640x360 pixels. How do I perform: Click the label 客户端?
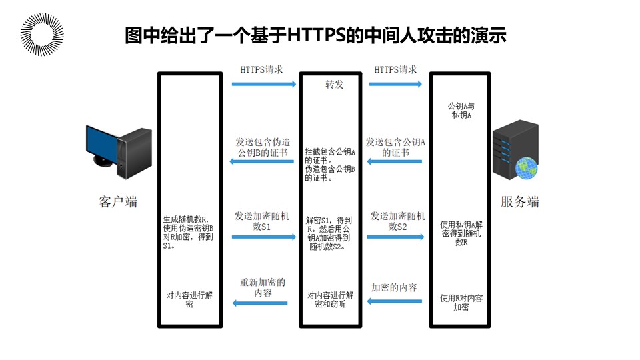tap(118, 201)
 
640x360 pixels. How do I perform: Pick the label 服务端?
tap(520, 201)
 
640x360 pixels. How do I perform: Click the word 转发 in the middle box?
tap(334, 86)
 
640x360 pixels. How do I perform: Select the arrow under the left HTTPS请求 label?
tap(264, 84)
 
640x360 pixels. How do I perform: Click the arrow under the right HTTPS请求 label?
tap(395, 84)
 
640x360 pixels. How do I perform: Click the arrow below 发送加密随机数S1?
tap(264, 237)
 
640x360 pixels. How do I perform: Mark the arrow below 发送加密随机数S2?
tap(395, 237)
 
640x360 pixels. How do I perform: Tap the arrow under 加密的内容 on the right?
tap(395, 301)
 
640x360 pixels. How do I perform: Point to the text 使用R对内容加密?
tap(461, 302)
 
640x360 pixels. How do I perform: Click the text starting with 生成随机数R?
tap(189, 231)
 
